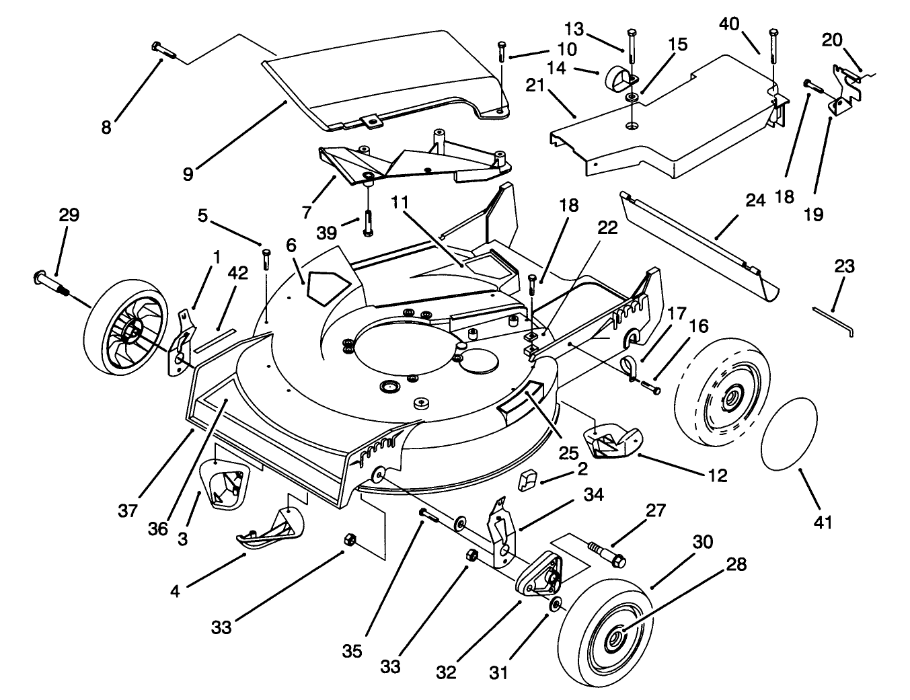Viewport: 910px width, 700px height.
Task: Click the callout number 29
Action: (69, 215)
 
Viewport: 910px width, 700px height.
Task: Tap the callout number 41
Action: (825, 521)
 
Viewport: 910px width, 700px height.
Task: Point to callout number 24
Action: (755, 200)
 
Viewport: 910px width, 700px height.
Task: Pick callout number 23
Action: (844, 266)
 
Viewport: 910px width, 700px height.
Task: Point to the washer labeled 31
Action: (556, 605)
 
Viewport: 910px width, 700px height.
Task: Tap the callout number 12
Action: (718, 476)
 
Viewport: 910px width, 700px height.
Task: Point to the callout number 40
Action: (730, 24)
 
